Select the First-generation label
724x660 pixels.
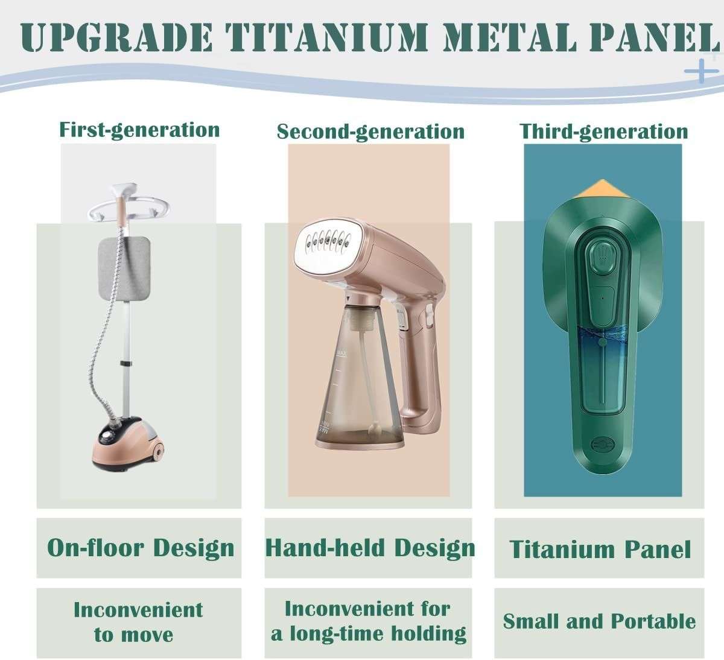tap(139, 130)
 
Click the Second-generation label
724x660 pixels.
tap(370, 132)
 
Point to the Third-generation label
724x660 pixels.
tap(603, 132)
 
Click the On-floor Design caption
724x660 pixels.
tap(141, 548)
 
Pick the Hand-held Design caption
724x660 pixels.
tap(370, 548)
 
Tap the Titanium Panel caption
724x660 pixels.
tap(600, 550)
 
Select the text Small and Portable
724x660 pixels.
tap(599, 621)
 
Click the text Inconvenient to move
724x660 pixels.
tap(138, 622)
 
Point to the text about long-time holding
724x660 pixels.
tap(368, 621)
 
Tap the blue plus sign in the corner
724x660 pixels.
tap(701, 71)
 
